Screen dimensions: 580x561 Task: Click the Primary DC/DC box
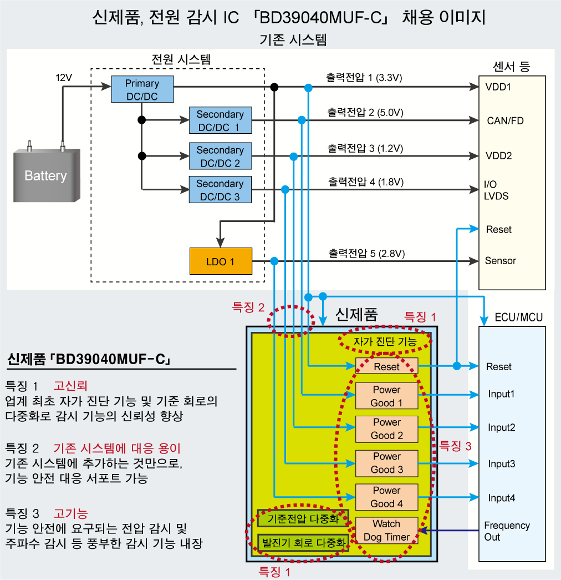tap(142, 89)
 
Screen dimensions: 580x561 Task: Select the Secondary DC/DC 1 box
tap(220, 120)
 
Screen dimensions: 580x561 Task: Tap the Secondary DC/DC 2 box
tap(220, 157)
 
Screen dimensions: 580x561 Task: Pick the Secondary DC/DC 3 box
tap(220, 190)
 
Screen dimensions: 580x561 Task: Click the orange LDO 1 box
tap(220, 261)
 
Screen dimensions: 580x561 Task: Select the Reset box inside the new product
tap(386, 366)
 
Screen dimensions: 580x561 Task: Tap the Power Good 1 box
tap(386, 396)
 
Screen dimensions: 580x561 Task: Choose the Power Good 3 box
tap(386, 463)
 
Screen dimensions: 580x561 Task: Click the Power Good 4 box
tap(386, 497)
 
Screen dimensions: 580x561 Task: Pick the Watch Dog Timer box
tap(386, 531)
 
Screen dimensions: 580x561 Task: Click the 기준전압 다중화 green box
tap(303, 519)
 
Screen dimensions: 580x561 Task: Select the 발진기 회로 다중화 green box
tap(303, 542)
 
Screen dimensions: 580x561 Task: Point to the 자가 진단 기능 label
tap(384, 342)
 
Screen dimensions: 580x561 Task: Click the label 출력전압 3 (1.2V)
tap(365, 149)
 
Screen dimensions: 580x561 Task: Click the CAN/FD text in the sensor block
tap(505, 120)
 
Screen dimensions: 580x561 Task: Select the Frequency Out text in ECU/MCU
tap(507, 531)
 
